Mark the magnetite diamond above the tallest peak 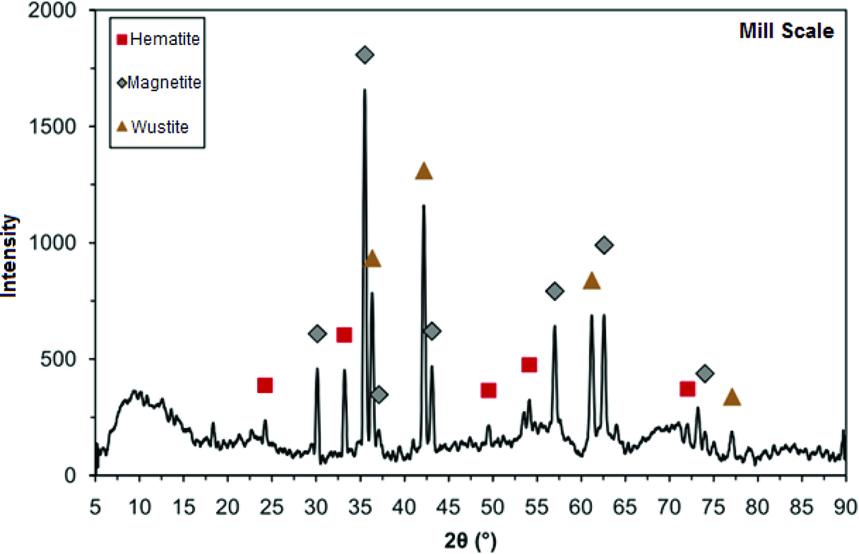[364, 55]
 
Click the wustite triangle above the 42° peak [423, 172]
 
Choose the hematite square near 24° [265, 385]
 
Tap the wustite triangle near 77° [732, 398]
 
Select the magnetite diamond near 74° [705, 374]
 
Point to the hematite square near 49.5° [489, 390]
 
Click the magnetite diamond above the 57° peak [555, 291]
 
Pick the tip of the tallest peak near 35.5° [364, 90]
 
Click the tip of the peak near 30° [317, 368]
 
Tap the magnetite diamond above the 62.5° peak [604, 245]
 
